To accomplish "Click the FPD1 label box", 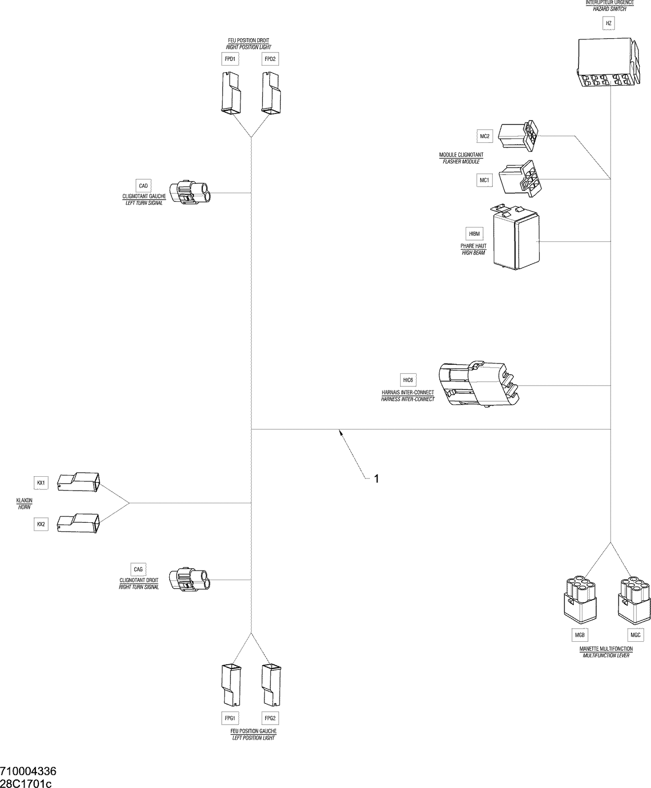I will tap(230, 59).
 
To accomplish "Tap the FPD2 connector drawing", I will tap(271, 92).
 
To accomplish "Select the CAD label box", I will tap(143, 186).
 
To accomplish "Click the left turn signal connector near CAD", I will tap(191, 192).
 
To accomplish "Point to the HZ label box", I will tap(608, 23).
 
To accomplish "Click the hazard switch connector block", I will tap(608, 62).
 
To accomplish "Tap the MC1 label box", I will tap(484, 180).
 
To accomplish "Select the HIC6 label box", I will tap(408, 380).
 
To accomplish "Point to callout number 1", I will tap(377, 478).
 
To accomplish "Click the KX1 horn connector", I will tap(79, 482).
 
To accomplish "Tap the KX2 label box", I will tap(41, 524).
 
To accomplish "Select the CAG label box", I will tap(138, 569).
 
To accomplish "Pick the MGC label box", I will tap(635, 635).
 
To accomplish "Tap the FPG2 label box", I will tap(270, 719).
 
